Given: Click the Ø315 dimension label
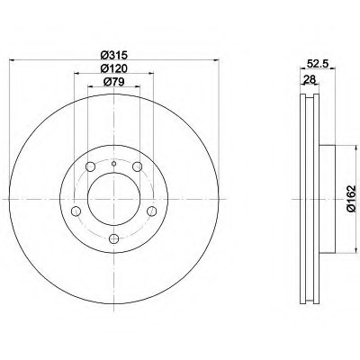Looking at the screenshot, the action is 114,55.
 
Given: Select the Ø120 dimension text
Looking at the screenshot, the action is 114,68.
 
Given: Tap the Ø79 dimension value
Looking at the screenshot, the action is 114,82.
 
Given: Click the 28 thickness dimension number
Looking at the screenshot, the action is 310,79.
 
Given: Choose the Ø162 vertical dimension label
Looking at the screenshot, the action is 351,199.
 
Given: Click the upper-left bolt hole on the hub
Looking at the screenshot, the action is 90,166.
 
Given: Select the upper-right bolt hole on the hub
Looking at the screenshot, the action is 138,166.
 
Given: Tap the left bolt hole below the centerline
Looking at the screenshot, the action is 76,211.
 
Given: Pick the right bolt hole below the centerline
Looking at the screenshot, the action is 152,211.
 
